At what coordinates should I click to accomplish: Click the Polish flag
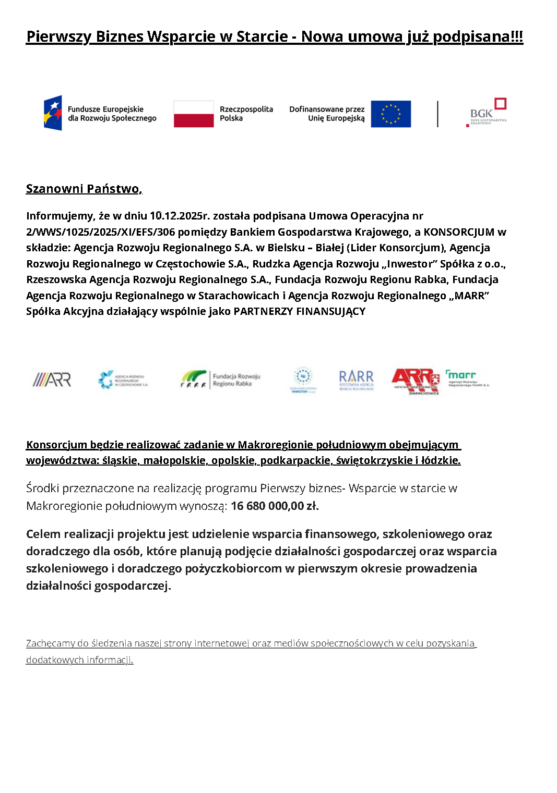point(194,114)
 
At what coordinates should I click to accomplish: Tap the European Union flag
point(390,114)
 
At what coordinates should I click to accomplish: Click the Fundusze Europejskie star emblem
point(53,113)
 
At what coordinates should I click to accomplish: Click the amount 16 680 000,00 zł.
point(275,506)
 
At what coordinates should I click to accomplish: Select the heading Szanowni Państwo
point(84,189)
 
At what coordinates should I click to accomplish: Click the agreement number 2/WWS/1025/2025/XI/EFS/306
point(100,232)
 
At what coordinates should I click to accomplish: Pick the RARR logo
point(356,379)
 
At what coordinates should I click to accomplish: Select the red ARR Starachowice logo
point(416,381)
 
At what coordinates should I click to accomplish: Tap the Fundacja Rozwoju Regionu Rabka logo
point(220,379)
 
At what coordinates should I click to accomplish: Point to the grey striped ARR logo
point(52,379)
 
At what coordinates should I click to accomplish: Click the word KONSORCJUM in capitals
point(459,232)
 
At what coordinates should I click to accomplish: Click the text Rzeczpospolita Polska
point(246,114)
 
